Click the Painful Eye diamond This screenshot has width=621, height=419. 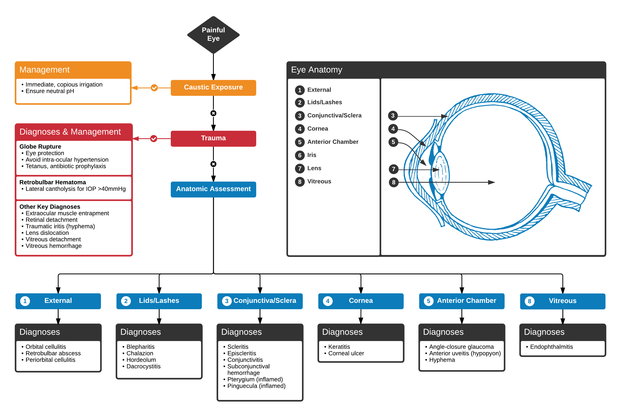(213, 35)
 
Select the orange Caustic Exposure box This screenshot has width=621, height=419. (213, 88)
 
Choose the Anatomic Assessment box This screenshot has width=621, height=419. (213, 189)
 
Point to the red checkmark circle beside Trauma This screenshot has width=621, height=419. (154, 138)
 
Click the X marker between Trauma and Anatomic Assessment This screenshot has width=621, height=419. (213, 164)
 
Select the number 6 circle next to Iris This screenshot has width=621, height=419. (300, 155)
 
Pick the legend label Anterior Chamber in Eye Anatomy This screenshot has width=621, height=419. (333, 142)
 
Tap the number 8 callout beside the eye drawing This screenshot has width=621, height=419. (393, 182)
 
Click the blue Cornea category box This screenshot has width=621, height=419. (361, 301)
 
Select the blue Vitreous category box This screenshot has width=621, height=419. (562, 301)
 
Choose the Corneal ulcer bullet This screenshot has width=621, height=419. (346, 353)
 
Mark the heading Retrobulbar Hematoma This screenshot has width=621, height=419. (53, 182)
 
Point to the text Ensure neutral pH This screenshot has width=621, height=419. (50, 91)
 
